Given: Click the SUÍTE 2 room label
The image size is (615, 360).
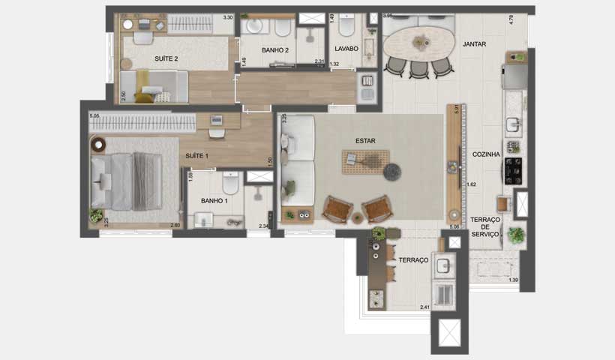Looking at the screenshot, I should tap(166, 58).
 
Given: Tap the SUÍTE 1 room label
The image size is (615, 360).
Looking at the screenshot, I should tap(196, 156).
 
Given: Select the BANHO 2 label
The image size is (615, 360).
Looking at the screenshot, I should tap(275, 50).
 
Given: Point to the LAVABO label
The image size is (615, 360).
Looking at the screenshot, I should tap(346, 49).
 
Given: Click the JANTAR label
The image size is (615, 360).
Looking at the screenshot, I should tap(474, 44).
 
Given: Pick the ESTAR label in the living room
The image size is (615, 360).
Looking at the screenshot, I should tap(366, 141).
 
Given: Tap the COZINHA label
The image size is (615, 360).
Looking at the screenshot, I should tap(486, 154).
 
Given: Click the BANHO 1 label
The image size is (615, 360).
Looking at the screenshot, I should tap(214, 201).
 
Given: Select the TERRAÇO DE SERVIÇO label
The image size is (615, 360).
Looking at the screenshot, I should tap(485, 226).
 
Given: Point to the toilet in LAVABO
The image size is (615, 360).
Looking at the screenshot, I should tap(346, 27).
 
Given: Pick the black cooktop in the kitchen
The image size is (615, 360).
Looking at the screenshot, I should tap(514, 170).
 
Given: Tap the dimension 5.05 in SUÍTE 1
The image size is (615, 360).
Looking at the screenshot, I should tap(94, 116).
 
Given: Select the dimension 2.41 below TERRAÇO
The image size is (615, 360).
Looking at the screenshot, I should tap(424, 307).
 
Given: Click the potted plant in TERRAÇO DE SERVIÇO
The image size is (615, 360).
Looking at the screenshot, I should tap(515, 235).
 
